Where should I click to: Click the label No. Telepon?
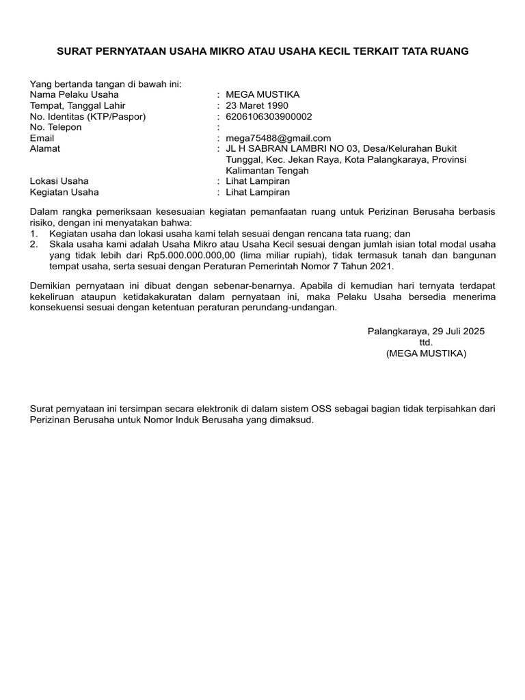click(56, 127)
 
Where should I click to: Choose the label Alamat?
click(45, 149)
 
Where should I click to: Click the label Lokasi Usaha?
click(59, 181)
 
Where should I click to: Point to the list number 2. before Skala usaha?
click(33, 244)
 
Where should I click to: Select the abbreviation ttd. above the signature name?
click(426, 342)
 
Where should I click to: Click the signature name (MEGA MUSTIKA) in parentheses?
click(426, 353)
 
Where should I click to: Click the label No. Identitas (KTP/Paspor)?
click(88, 116)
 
